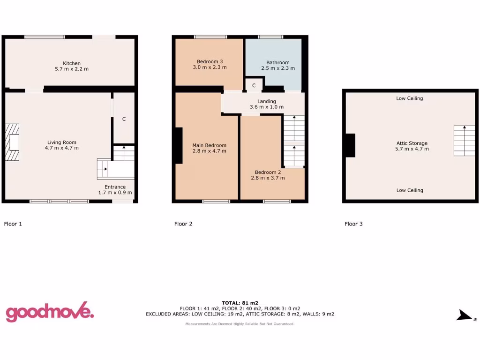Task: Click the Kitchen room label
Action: coord(72,66)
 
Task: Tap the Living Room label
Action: coord(62,145)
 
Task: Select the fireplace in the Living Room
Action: coord(13,142)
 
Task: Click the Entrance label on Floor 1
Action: coord(115,189)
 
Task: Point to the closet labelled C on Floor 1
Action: coord(124,119)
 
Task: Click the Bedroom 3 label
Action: coord(210,64)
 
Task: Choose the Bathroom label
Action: coord(277,65)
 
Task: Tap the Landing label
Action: coord(266,104)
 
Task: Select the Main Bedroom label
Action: coord(209,148)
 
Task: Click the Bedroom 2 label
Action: coord(268,175)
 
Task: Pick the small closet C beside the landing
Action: coord(254,85)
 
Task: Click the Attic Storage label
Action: coord(412,146)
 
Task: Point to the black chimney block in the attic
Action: coord(349,145)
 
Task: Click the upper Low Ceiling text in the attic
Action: coord(409,98)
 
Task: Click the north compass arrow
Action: coord(464,316)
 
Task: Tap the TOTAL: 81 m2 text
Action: coord(240,303)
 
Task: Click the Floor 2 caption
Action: coord(183,224)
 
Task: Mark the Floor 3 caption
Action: coord(353,224)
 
